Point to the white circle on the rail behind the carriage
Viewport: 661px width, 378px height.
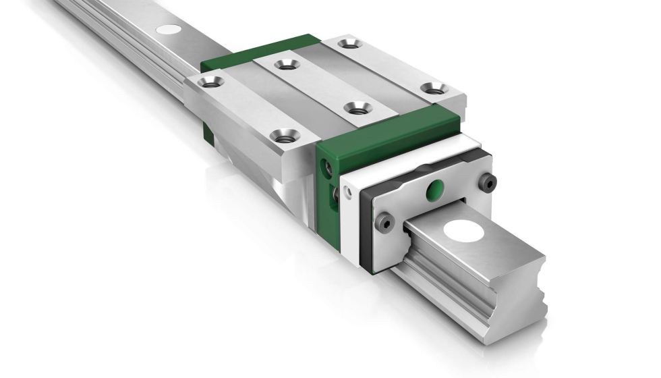pyautogui.click(x=169, y=29)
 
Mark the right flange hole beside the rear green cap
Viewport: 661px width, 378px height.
pyautogui.click(x=348, y=44)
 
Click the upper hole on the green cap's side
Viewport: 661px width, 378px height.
pyautogui.click(x=328, y=165)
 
